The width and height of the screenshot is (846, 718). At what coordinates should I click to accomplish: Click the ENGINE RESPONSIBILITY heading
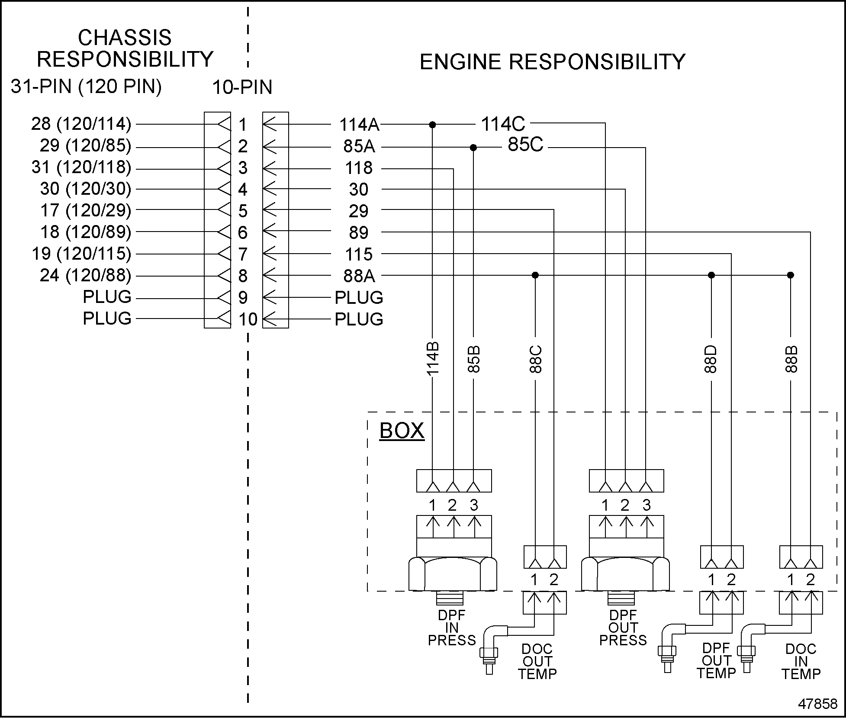click(x=552, y=62)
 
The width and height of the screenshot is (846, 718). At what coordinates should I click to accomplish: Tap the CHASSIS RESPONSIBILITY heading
click(x=125, y=48)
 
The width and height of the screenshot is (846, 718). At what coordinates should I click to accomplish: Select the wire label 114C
click(x=503, y=124)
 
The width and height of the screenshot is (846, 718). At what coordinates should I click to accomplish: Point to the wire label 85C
click(x=525, y=145)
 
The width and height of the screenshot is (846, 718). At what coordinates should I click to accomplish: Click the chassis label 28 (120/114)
click(x=81, y=124)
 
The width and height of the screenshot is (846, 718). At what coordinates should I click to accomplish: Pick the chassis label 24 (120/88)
click(x=85, y=275)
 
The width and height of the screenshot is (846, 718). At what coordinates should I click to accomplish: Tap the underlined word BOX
click(x=402, y=431)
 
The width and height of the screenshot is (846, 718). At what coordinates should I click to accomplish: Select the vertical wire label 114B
click(x=433, y=358)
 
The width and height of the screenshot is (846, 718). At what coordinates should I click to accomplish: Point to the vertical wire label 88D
click(x=711, y=359)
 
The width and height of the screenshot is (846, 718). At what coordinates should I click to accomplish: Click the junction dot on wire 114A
click(x=432, y=125)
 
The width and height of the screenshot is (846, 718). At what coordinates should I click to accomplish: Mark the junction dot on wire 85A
click(x=473, y=148)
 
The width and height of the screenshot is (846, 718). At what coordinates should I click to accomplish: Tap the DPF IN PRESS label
click(x=452, y=628)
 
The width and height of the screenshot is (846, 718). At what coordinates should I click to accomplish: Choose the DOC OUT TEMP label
click(x=537, y=661)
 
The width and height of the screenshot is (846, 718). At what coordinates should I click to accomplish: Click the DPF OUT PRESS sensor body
click(x=625, y=573)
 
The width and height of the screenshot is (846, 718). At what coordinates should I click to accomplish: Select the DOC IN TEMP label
click(x=801, y=661)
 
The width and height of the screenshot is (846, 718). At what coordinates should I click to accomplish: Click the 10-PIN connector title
click(x=242, y=88)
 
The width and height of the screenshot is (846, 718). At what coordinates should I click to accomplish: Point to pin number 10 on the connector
click(x=248, y=319)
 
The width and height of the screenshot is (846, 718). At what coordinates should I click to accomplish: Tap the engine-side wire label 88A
click(x=359, y=276)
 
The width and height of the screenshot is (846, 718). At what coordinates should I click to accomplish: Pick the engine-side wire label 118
click(x=358, y=168)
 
